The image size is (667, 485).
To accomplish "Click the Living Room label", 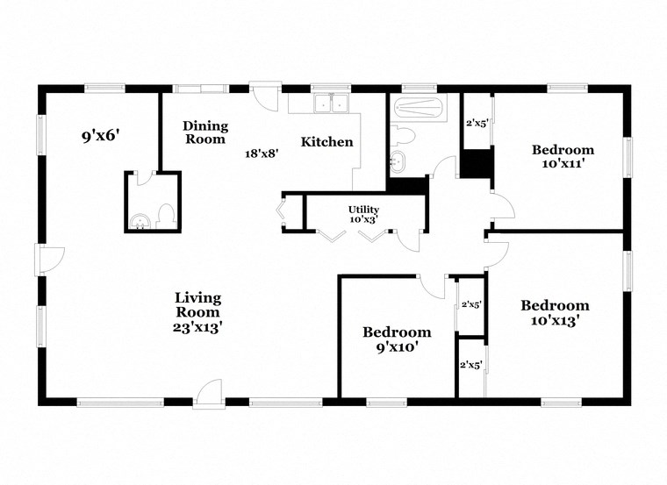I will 197,304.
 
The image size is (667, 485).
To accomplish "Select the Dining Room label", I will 204,132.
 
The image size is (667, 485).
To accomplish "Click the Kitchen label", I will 327,142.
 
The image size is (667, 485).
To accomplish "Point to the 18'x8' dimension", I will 262,153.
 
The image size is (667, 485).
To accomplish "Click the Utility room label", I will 363,210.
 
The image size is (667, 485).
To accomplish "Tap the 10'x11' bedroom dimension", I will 563,163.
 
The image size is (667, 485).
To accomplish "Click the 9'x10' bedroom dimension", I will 397,346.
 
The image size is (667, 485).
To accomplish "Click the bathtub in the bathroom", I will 420,111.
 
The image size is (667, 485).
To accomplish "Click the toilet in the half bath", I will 164,214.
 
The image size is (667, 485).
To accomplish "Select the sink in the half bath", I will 139,219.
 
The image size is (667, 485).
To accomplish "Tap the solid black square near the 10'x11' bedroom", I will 477,163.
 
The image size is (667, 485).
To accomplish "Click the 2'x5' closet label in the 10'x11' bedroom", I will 477,123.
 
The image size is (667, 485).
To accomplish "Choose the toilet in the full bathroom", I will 403,136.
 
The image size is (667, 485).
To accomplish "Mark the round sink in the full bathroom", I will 398,160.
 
